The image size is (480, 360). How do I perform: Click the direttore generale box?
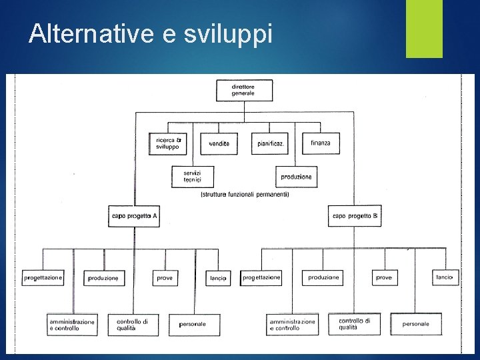tap(244, 90)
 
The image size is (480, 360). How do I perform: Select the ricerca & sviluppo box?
tap(168, 143)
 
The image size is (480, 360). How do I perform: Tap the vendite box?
tap(219, 143)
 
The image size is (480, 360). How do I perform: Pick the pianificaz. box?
tap(269, 143)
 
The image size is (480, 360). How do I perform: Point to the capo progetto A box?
tap(134, 216)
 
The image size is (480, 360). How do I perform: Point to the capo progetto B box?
tap(355, 216)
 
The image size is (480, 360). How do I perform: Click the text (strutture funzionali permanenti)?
tap(244, 195)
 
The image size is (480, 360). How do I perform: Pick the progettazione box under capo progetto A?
tap(43, 277)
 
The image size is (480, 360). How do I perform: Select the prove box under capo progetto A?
tap(165, 277)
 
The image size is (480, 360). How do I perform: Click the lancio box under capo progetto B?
tap(445, 277)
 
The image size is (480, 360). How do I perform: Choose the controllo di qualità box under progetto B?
tap(355, 324)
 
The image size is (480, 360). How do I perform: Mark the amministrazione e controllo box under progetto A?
tap(72, 325)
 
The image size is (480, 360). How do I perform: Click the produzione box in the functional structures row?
tap(295, 177)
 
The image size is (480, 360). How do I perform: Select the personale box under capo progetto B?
tap(416, 324)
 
